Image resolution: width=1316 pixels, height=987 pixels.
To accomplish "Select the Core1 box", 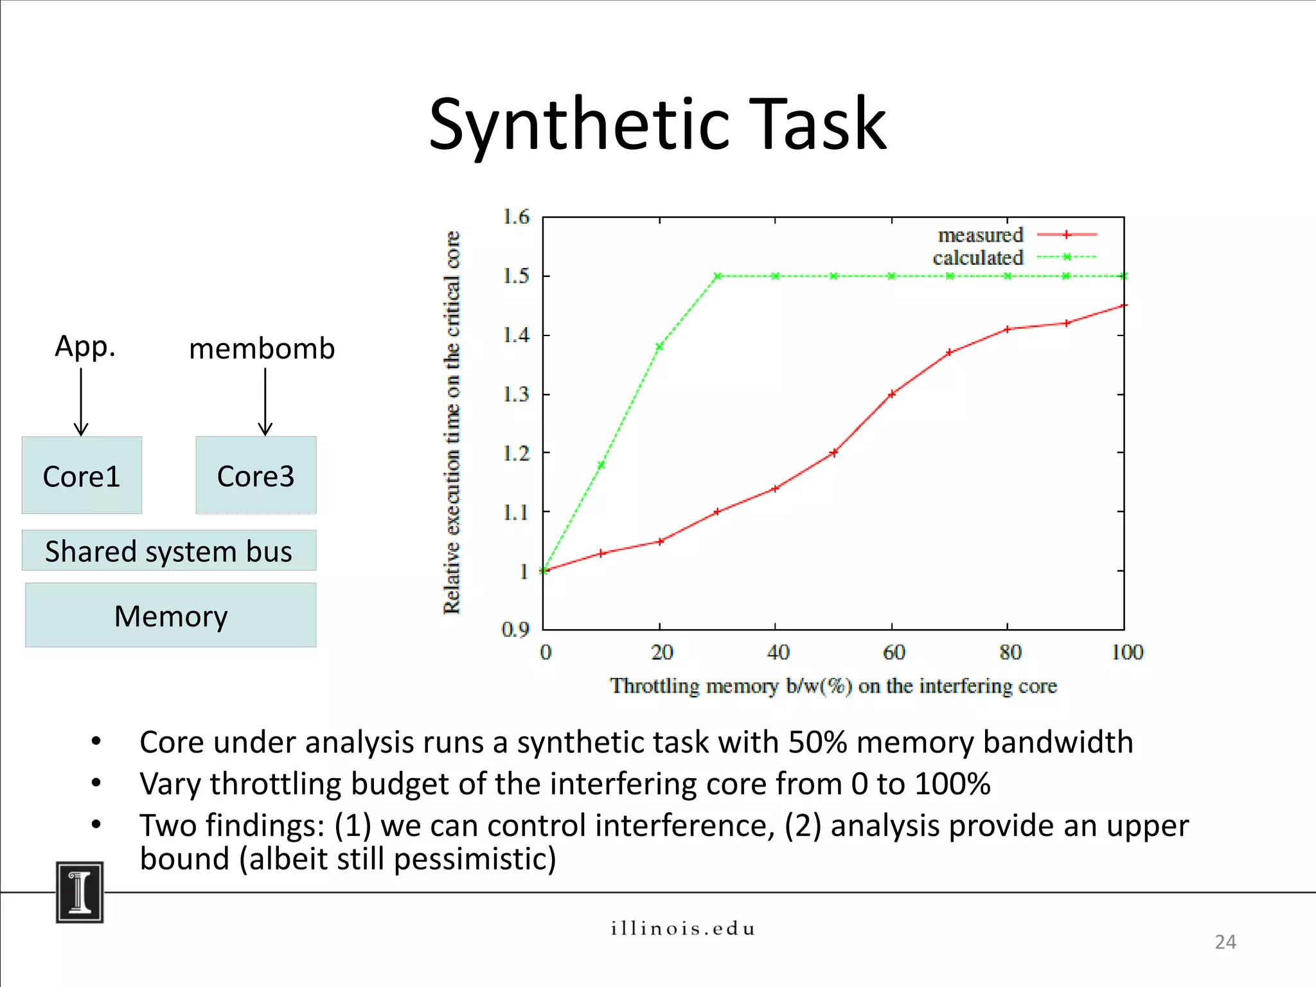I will pyautogui.click(x=82, y=476).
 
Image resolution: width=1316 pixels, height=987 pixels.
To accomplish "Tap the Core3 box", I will pyautogui.click(x=256, y=476).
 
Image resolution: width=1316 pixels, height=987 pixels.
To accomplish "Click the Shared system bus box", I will pyautogui.click(x=168, y=551).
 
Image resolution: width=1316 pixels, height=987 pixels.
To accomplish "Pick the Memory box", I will pyautogui.click(x=170, y=615).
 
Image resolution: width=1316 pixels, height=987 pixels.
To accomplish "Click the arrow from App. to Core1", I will pyautogui.click(x=81, y=402).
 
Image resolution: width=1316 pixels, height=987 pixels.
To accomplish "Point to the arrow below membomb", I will pyautogui.click(x=265, y=402).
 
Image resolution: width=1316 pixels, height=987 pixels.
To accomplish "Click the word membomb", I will pyautogui.click(x=262, y=349).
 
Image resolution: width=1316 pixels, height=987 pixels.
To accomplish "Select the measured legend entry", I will pyautogui.click(x=1015, y=235).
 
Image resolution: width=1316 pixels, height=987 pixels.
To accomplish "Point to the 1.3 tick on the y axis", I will pyautogui.click(x=516, y=394).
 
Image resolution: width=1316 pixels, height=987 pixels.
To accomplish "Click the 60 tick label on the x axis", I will pyautogui.click(x=894, y=653).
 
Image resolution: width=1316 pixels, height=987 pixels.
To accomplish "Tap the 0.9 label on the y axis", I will pyautogui.click(x=515, y=629).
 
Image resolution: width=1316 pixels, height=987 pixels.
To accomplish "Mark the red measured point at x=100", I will pyautogui.click(x=1123, y=306).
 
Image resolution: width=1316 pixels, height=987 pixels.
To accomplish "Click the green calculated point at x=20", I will pyautogui.click(x=659, y=346).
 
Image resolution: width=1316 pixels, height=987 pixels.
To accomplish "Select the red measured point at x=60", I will pyautogui.click(x=892, y=394).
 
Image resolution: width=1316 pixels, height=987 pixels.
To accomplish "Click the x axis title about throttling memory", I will pyautogui.click(x=833, y=686).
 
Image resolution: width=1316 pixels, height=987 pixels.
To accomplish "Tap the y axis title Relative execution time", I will pyautogui.click(x=452, y=422).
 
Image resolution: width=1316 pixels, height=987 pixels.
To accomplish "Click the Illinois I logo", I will pyautogui.click(x=80, y=893).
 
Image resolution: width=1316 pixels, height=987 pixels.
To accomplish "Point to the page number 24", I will pyautogui.click(x=1225, y=942).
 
